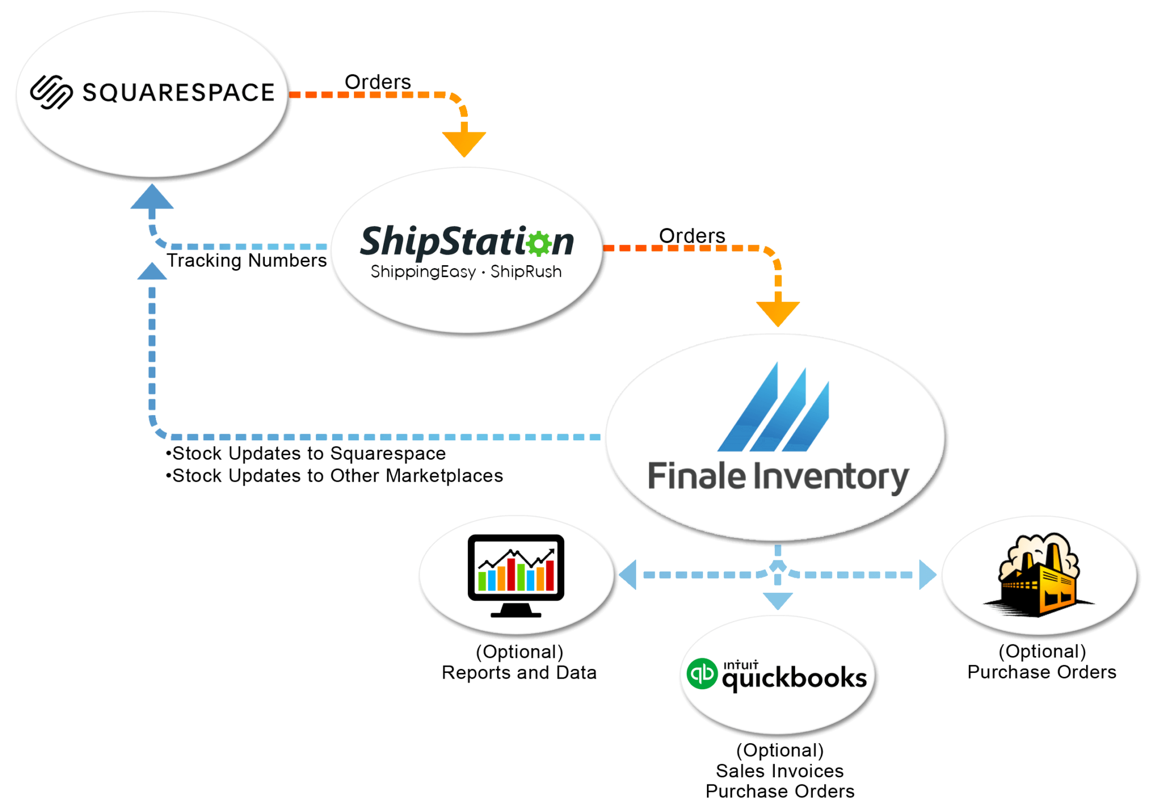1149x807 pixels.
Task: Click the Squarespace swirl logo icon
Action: pos(51,92)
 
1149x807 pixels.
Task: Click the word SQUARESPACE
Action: pos(178,93)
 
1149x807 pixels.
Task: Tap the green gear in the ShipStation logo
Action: pos(539,243)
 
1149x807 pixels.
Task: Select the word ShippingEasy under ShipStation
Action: pos(423,272)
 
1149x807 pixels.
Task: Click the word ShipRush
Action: pos(526,272)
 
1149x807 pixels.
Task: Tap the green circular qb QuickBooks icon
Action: pos(702,674)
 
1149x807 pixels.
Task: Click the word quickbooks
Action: pos(794,679)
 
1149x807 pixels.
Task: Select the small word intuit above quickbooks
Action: pos(741,665)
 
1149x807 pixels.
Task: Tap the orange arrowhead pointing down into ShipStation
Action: pos(464,144)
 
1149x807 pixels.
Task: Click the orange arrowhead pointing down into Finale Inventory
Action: pos(778,313)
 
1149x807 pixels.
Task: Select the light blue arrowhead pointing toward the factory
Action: pos(926,574)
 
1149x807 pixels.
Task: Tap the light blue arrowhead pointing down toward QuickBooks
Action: pos(778,600)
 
